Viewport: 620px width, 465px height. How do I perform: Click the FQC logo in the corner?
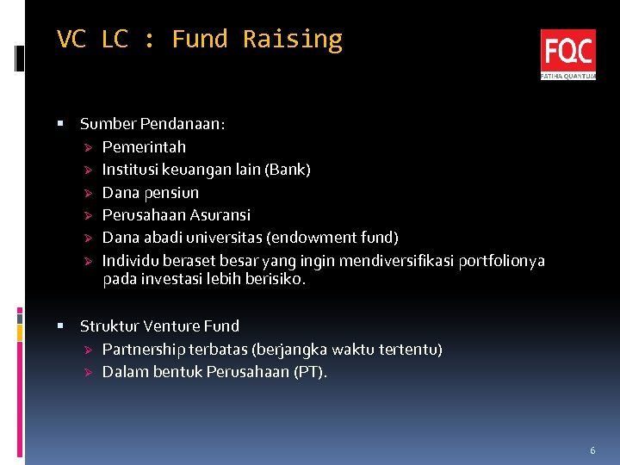[567, 54]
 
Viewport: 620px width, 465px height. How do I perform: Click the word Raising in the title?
[292, 40]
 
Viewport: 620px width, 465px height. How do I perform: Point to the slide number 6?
[592, 450]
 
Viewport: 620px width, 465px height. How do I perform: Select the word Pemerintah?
[144, 146]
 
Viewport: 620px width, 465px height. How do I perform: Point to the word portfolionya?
[502, 260]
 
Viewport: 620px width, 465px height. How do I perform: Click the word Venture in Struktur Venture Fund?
[171, 326]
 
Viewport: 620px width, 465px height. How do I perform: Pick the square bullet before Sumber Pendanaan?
[60, 124]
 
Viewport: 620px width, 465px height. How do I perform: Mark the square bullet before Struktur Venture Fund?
[60, 326]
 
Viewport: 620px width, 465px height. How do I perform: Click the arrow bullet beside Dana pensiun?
[87, 192]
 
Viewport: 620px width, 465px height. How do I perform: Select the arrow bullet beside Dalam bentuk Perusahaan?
[87, 372]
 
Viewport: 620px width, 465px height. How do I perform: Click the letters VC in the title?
[71, 40]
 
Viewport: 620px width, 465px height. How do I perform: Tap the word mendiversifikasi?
[397, 260]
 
